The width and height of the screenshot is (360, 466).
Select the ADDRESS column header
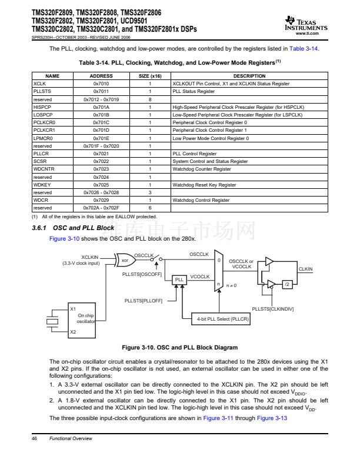click(x=101, y=76)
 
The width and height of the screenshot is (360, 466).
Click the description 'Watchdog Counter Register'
click(x=201, y=169)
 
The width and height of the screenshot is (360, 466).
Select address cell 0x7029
click(x=101, y=200)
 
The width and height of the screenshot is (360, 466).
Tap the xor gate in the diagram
click(x=125, y=259)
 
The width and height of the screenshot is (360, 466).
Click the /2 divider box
click(x=287, y=284)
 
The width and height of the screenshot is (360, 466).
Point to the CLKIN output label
click(x=306, y=269)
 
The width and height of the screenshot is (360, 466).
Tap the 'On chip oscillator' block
click(x=86, y=318)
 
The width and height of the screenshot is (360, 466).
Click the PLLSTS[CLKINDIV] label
click(x=273, y=308)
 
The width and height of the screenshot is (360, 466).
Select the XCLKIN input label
click(x=90, y=257)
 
